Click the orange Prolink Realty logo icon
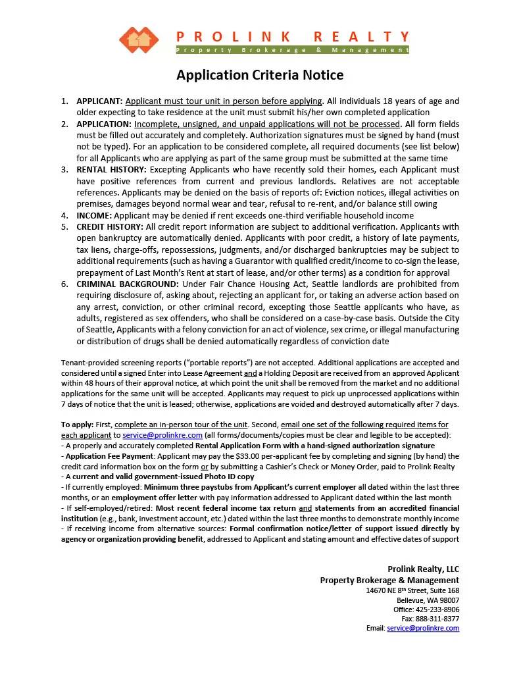point(139,40)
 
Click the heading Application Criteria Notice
point(260,75)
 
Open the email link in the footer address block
point(423,628)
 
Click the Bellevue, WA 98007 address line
point(428,600)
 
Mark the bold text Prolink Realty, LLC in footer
point(424,569)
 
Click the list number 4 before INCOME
point(64,215)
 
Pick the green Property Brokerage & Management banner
point(292,50)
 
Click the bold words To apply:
point(78,425)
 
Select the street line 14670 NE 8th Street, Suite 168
point(412,590)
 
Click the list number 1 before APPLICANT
point(64,101)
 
